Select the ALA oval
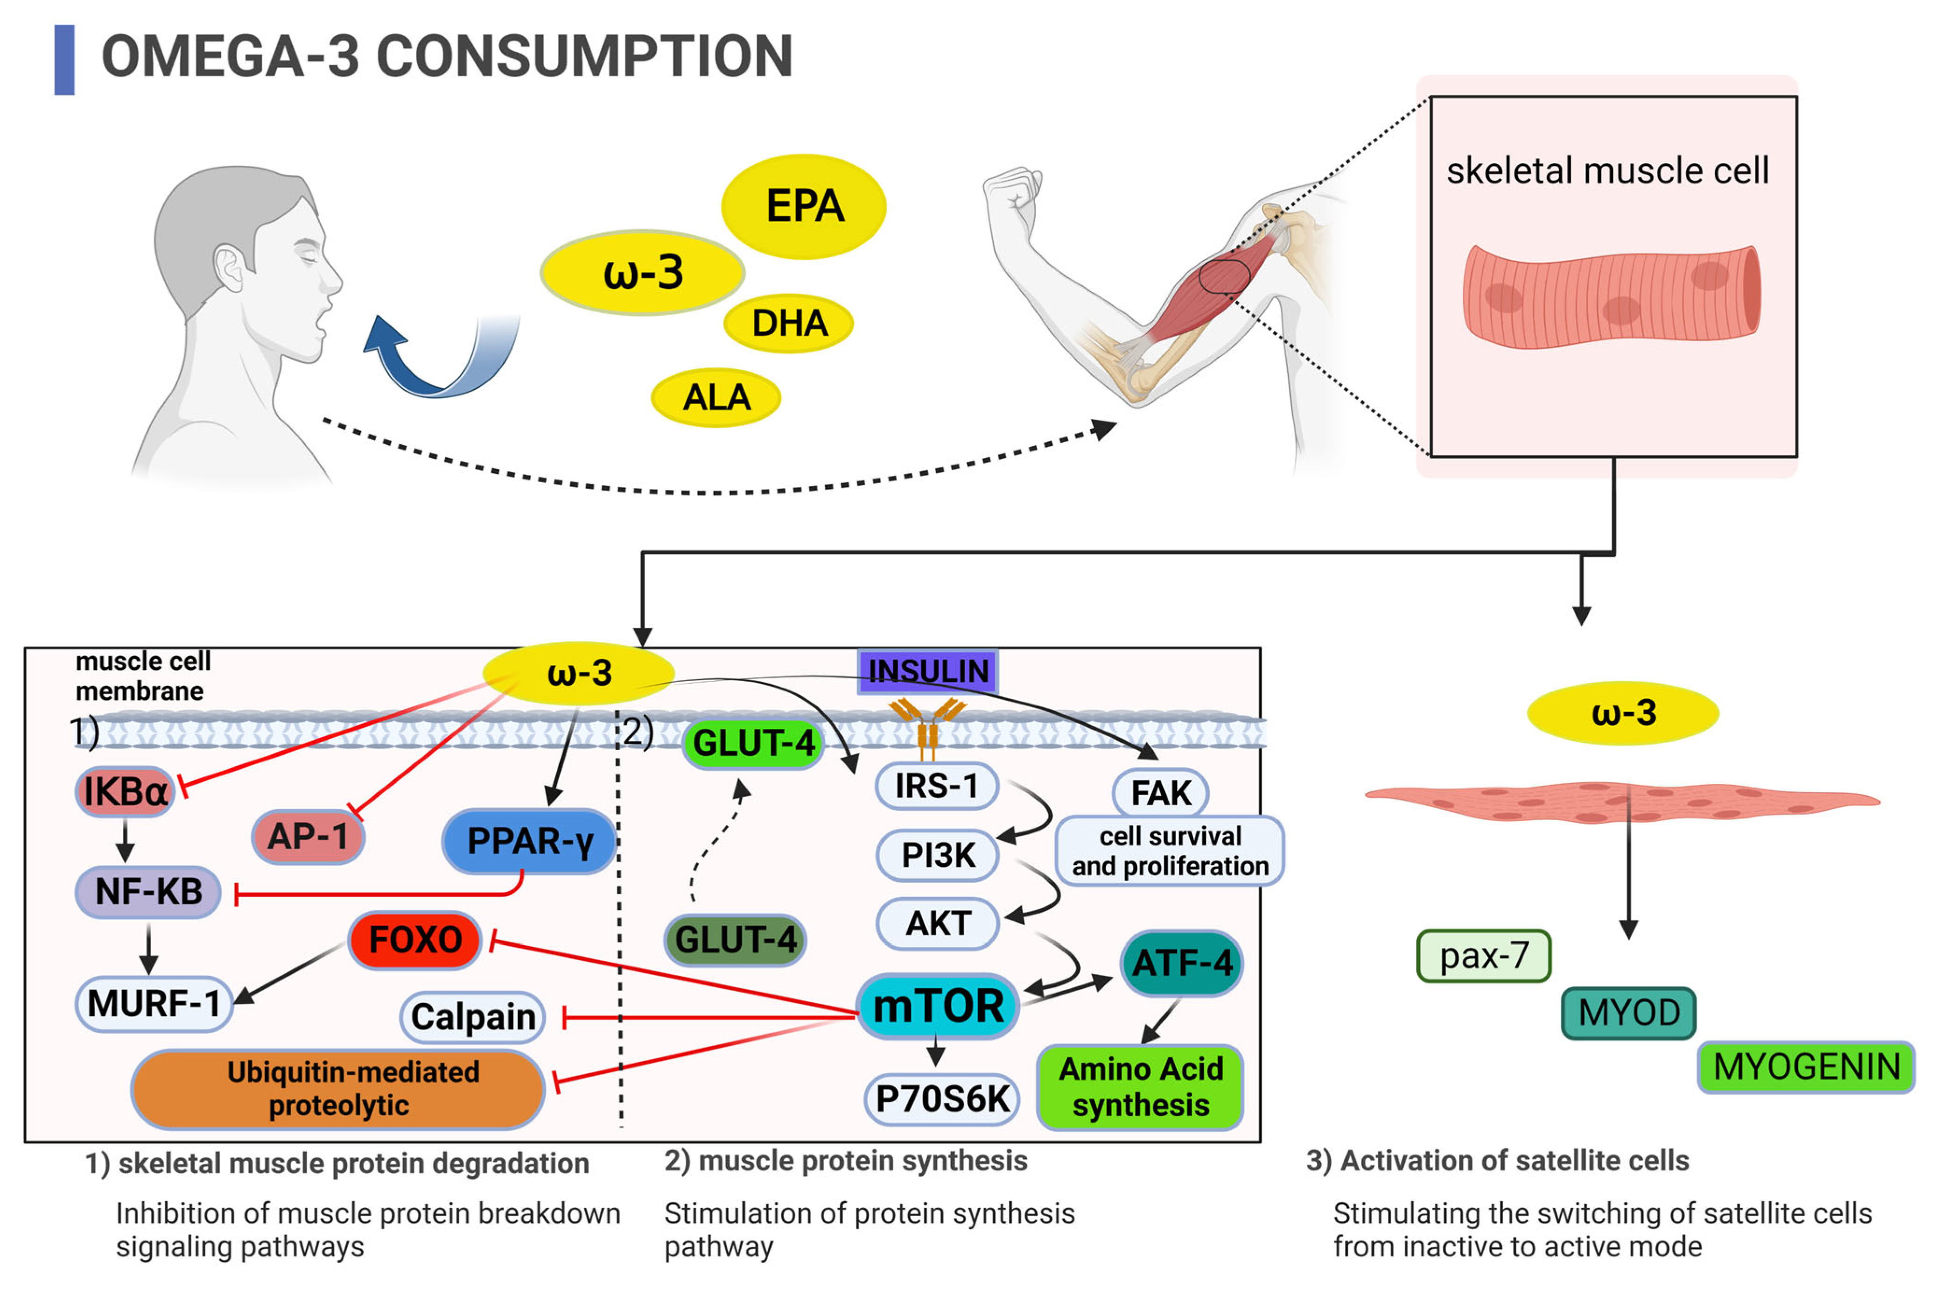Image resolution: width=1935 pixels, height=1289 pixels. [715, 398]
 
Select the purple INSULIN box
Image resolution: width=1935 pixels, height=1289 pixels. [927, 671]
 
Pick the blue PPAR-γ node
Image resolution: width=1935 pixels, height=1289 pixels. [528, 841]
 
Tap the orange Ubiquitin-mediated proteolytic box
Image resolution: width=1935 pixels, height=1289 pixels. [338, 1088]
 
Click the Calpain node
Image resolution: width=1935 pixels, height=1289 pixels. [472, 1017]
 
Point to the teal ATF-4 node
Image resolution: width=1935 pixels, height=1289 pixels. [1181, 963]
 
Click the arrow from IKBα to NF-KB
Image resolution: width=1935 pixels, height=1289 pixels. [125, 840]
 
